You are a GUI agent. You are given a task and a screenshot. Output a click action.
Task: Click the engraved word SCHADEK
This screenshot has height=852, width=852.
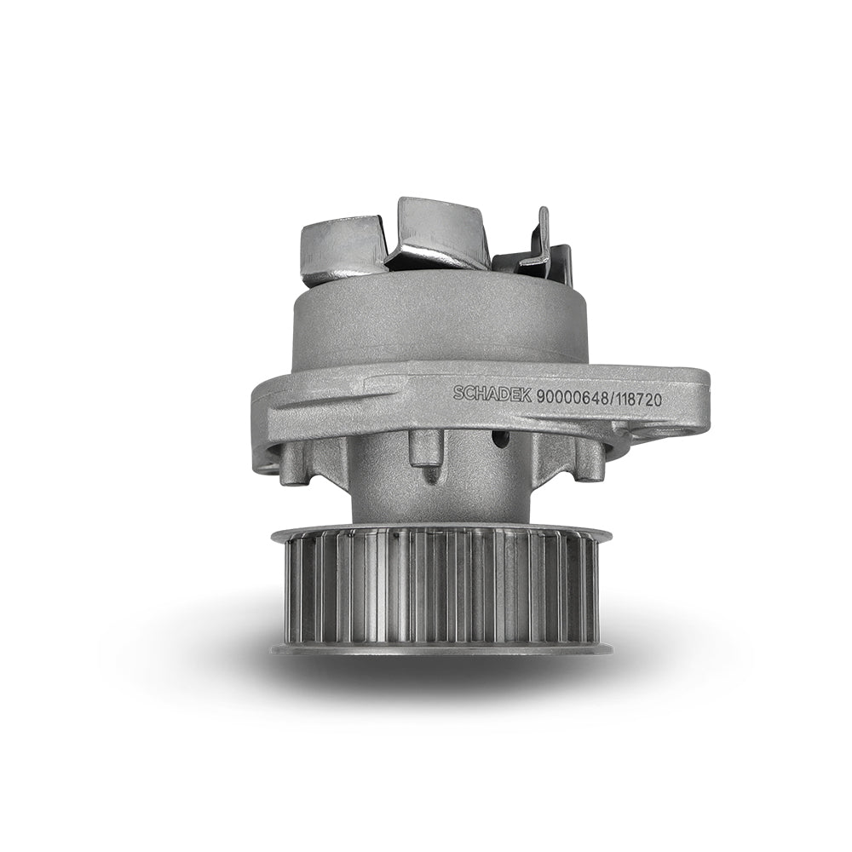[x=492, y=395]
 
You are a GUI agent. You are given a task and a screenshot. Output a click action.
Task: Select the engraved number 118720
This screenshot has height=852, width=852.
[x=636, y=400]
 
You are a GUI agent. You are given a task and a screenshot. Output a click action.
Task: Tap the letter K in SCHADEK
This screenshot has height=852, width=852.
[x=527, y=397]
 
